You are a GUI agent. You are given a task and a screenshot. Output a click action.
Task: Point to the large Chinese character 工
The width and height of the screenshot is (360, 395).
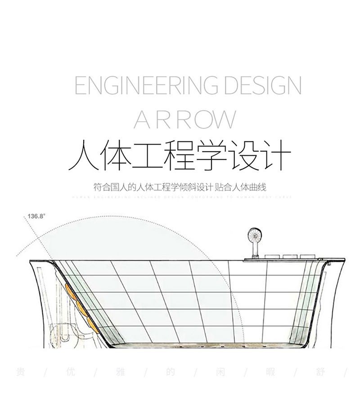(x=153, y=156)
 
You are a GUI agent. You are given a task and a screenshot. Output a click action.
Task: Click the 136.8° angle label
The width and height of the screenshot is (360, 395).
(x=36, y=216)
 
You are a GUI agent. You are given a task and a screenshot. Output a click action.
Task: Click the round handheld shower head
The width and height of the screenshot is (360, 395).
(x=254, y=236)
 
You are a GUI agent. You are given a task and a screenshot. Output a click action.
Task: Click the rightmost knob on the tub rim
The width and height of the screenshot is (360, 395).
(x=306, y=257)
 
